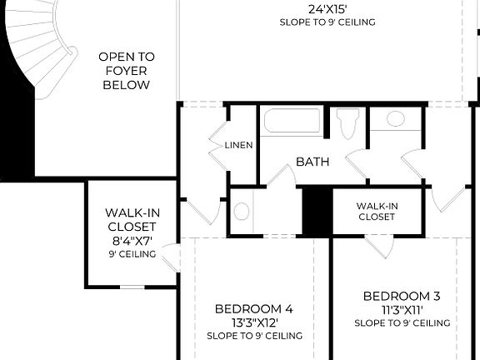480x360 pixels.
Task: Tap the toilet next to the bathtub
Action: [347, 123]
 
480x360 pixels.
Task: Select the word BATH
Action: [312, 162]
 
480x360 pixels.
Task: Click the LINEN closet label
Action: [238, 145]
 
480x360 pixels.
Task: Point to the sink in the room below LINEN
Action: [242, 211]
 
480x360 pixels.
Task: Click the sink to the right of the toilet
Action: [395, 119]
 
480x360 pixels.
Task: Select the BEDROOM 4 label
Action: [253, 308]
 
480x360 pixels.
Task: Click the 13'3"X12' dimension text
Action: [253, 322]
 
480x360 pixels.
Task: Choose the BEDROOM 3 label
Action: [402, 296]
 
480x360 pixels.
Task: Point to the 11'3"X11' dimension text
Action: [402, 309]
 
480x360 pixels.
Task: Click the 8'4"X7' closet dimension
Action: [132, 241]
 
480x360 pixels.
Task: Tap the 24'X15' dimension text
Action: [327, 9]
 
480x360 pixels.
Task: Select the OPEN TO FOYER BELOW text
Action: [127, 71]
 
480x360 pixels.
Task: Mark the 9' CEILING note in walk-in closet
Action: [132, 254]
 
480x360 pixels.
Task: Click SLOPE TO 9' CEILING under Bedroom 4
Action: [253, 336]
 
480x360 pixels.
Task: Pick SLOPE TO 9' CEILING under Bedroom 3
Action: [402, 322]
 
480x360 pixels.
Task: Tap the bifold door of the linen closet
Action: [215, 144]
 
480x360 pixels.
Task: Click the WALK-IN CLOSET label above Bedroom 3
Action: [377, 211]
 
